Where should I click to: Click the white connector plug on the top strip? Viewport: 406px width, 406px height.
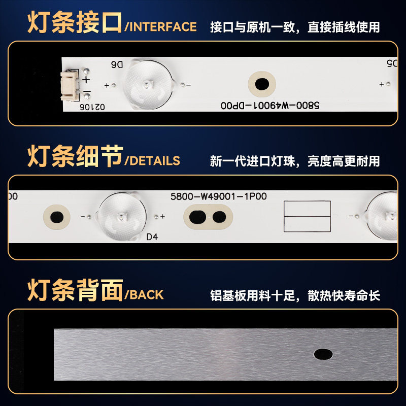[69, 86]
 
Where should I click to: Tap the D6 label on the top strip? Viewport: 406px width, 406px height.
[117, 65]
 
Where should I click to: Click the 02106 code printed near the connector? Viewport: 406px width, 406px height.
[92, 107]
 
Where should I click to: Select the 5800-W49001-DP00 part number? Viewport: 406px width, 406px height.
[270, 106]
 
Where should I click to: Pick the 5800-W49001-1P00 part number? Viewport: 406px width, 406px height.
[219, 196]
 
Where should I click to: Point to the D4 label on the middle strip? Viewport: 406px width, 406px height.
[152, 237]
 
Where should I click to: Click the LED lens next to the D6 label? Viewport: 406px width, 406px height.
[148, 85]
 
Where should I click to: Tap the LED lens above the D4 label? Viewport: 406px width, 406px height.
[121, 217]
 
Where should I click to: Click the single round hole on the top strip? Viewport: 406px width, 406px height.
[262, 84]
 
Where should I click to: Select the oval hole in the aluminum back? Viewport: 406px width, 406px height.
[323, 354]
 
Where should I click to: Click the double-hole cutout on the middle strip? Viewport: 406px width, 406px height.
[208, 217]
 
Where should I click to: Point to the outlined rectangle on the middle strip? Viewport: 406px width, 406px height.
[307, 216]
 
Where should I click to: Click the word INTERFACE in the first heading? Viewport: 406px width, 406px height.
[163, 27]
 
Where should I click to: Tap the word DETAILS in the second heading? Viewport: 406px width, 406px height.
[155, 161]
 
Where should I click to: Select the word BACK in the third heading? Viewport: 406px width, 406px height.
[146, 295]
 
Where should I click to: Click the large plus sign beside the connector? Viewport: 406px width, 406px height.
[86, 80]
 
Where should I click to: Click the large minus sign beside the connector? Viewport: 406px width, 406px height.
[87, 91]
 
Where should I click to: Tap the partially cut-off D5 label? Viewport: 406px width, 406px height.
[392, 63]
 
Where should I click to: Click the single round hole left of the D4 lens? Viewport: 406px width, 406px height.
[57, 217]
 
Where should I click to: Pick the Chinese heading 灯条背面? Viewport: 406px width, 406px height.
[75, 290]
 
